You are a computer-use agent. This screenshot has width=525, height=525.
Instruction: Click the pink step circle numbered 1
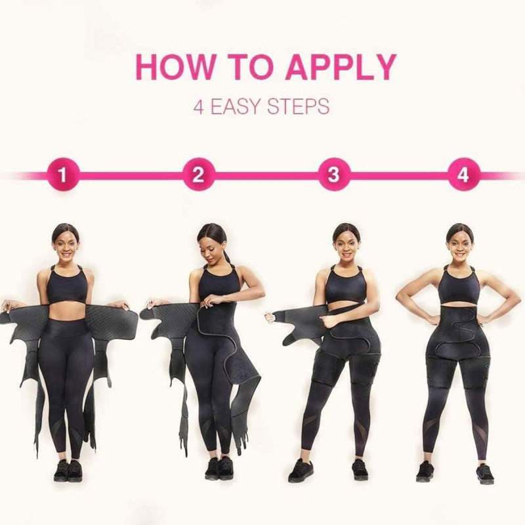click(63, 175)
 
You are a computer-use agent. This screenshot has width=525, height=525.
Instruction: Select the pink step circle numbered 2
click(199, 175)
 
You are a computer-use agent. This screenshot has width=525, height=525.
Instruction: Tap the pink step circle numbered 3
click(334, 175)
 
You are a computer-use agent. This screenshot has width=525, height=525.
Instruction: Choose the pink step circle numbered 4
click(464, 175)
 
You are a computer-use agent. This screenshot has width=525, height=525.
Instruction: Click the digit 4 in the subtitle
click(199, 106)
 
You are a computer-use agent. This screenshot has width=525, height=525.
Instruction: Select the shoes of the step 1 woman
click(68, 470)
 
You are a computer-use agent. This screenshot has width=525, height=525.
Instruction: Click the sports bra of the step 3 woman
click(346, 284)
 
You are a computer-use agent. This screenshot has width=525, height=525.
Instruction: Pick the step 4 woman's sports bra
click(459, 284)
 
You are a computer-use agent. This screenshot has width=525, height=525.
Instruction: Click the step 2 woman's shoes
click(219, 468)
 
